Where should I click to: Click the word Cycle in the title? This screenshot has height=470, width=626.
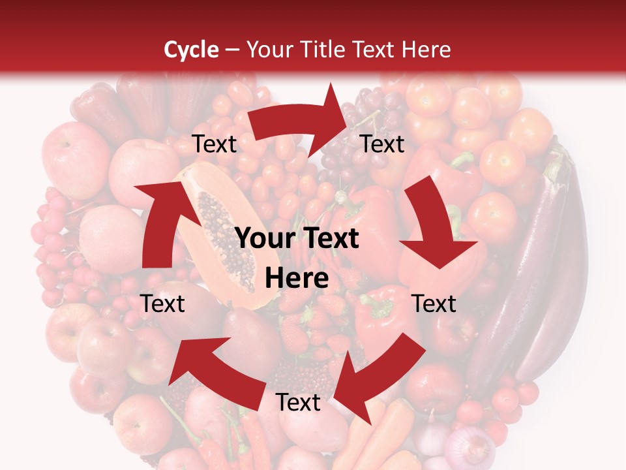(x=191, y=50)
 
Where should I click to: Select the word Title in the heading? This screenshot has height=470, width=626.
(x=325, y=50)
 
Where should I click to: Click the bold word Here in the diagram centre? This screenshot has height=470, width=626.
(x=297, y=279)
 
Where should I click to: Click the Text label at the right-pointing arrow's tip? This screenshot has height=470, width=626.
(x=383, y=144)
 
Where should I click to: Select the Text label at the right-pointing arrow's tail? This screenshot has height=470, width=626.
(x=215, y=144)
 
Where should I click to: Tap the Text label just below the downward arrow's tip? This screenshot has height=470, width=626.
(x=434, y=304)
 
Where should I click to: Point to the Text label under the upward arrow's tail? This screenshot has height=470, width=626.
(x=163, y=304)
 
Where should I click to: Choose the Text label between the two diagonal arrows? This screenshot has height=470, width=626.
(x=298, y=403)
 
